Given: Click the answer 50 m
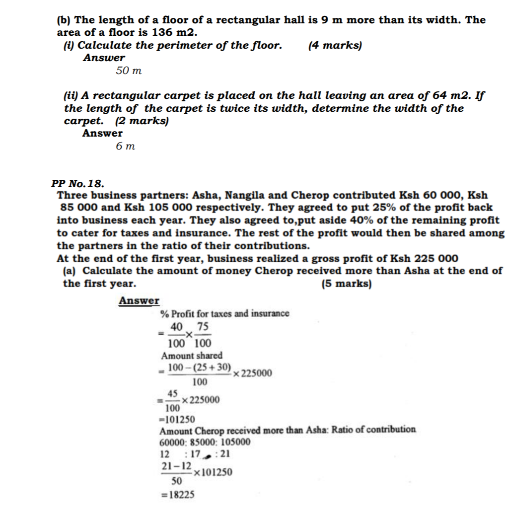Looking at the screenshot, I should click(x=129, y=71).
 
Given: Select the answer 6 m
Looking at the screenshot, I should click(x=125, y=147).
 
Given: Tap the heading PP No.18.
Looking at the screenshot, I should click(x=78, y=183).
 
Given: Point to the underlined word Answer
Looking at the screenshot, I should click(x=139, y=301).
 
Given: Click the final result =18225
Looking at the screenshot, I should click(x=177, y=495).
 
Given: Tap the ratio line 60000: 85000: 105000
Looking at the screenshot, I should click(x=205, y=442).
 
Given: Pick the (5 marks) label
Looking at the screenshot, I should click(x=347, y=284).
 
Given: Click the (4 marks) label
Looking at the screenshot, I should click(x=335, y=46).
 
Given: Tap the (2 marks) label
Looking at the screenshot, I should click(x=142, y=121).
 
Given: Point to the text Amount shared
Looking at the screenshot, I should click(x=192, y=356).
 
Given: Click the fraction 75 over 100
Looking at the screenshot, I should click(x=203, y=335).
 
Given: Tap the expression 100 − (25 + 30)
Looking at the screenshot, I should click(x=200, y=368).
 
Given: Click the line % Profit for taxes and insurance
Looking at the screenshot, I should click(x=224, y=313).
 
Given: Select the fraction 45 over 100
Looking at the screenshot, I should click(x=172, y=400).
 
